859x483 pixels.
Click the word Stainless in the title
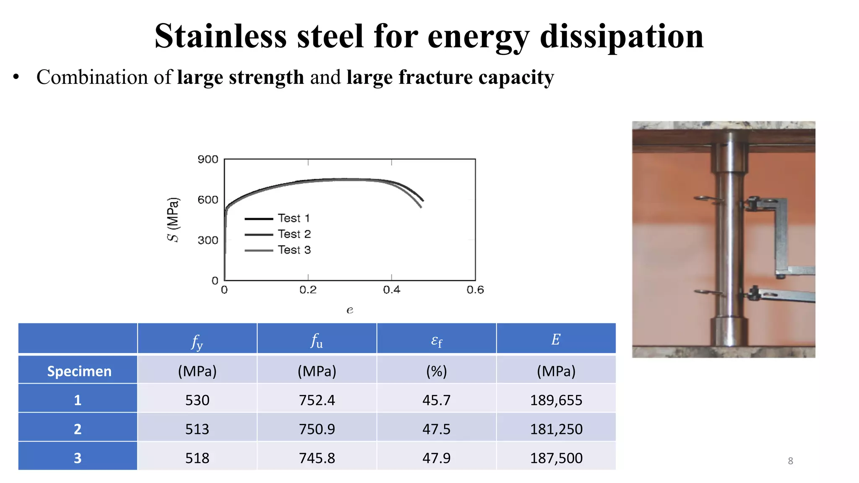[x=220, y=36]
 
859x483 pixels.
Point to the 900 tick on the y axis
[x=208, y=159]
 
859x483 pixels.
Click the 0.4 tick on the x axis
[x=391, y=290]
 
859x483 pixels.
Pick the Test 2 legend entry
[x=294, y=234]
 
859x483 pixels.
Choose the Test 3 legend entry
[x=294, y=250]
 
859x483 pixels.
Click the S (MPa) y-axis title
[x=173, y=219]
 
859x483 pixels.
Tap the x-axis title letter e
[x=350, y=310]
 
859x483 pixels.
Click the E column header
[x=556, y=339]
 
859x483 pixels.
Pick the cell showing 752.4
[x=317, y=400]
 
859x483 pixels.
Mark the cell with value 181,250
[x=556, y=429]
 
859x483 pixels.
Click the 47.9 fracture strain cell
[x=436, y=458]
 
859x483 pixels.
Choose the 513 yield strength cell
[x=197, y=429]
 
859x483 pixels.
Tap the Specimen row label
[x=79, y=371]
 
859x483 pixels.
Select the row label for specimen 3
[x=78, y=458]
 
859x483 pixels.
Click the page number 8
[x=790, y=461]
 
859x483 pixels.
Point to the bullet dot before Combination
[x=16, y=77]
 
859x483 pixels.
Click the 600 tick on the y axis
[x=208, y=200]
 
